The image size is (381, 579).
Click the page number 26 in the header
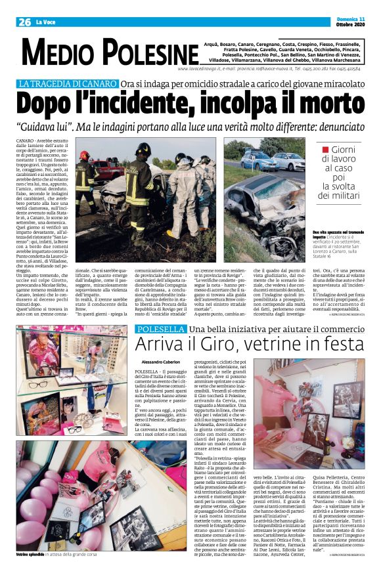[24, 22]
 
